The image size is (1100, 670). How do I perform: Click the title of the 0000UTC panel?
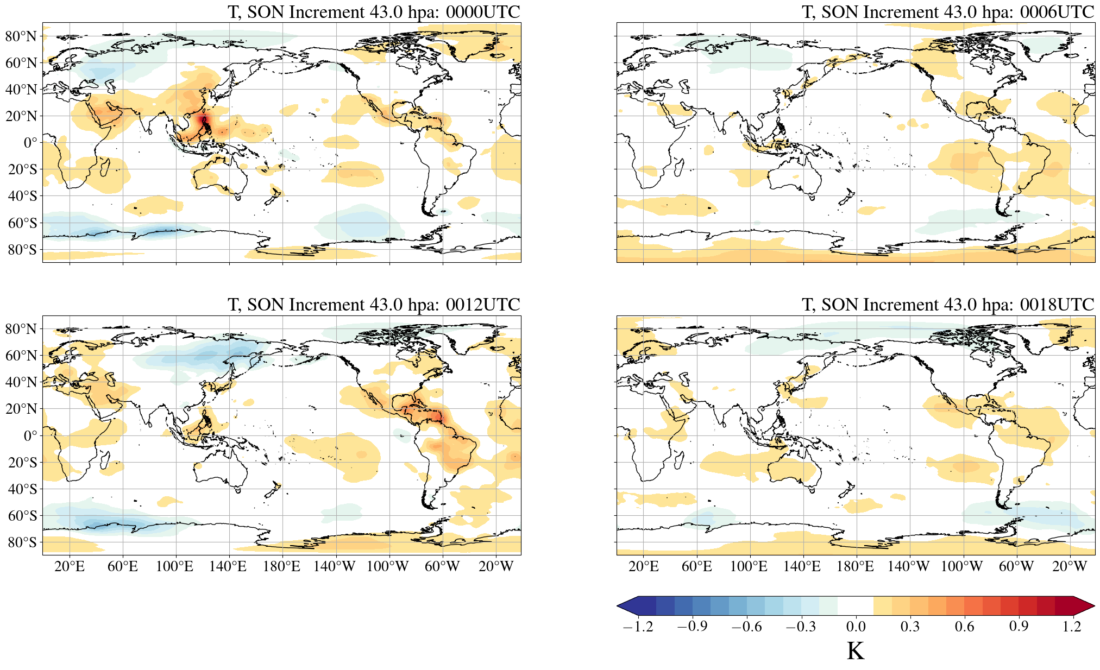click(x=374, y=12)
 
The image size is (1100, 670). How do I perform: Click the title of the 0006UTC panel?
click(x=948, y=12)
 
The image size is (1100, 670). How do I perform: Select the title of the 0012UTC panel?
click(x=374, y=305)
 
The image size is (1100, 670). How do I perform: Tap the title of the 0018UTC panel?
click(x=948, y=305)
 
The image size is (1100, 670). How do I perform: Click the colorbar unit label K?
click(x=856, y=651)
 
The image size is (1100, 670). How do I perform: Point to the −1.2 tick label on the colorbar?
click(x=638, y=627)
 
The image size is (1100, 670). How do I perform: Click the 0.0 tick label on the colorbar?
click(x=856, y=627)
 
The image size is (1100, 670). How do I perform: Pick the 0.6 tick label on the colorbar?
click(x=964, y=627)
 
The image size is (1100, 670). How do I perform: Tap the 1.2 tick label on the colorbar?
click(x=1072, y=627)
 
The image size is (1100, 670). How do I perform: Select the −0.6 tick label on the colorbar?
click(x=746, y=627)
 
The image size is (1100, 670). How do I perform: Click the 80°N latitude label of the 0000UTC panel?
click(x=21, y=36)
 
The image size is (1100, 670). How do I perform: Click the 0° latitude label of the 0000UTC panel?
click(x=30, y=143)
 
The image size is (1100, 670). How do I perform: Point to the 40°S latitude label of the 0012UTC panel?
click(x=22, y=489)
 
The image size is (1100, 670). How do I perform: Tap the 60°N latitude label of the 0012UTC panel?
click(x=21, y=356)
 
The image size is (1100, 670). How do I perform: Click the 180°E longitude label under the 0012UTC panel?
click(x=281, y=567)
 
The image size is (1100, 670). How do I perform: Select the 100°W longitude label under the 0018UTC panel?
click(x=962, y=567)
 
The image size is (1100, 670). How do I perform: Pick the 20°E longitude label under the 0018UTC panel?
click(x=644, y=567)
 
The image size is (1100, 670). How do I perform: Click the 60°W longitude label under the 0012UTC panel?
click(x=442, y=567)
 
